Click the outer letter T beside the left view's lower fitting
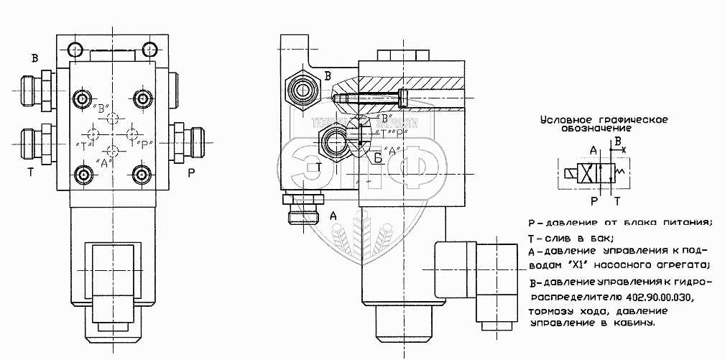coord(31,172)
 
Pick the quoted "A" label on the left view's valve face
coord(102,163)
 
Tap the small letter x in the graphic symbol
coord(624,149)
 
